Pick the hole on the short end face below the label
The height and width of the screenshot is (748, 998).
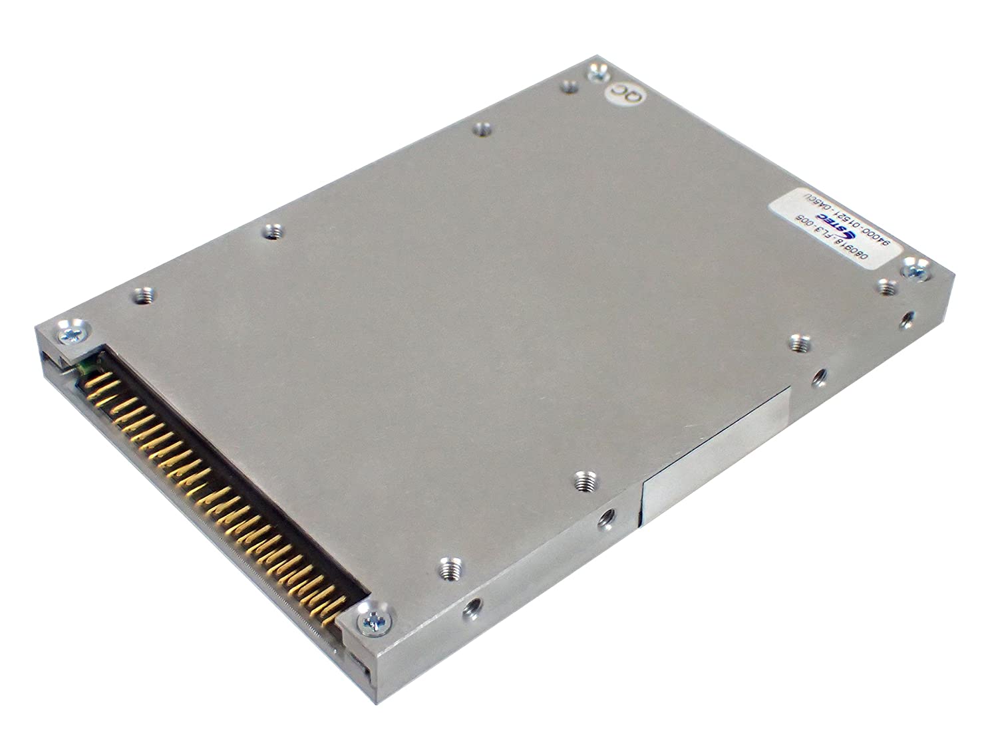pyautogui.click(x=906, y=318)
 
